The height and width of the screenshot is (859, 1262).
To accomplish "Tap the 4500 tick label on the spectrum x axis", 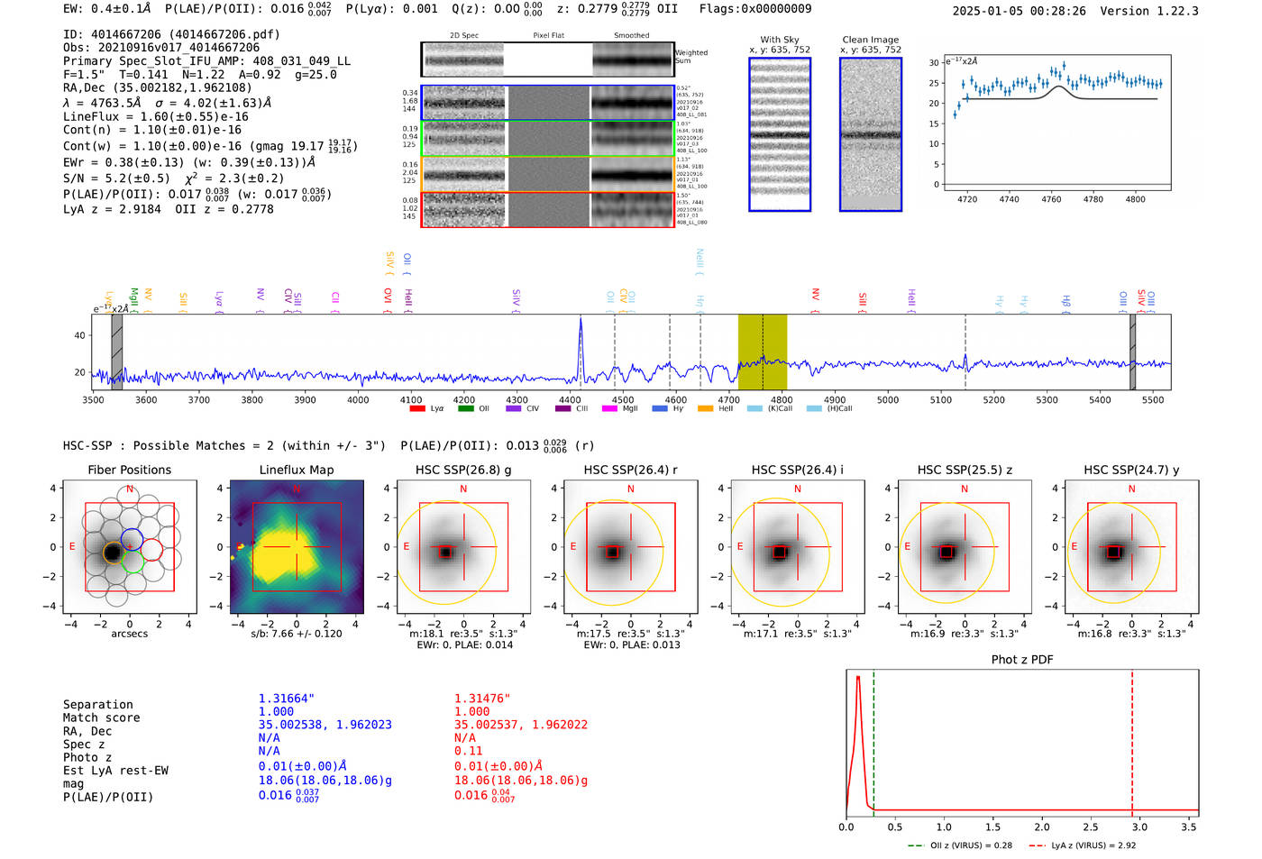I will point(623,400).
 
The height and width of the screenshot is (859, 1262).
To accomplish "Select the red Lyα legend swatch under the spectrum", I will point(417,409).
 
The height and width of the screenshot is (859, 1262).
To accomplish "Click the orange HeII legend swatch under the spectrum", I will point(705,409).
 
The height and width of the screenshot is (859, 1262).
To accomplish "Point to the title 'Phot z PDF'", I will point(1022,660).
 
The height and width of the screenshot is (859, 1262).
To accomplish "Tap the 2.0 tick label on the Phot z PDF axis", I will point(1042,827).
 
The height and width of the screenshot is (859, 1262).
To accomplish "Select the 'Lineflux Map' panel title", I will point(297,470).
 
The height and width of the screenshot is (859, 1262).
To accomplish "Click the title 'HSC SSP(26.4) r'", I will point(630,470).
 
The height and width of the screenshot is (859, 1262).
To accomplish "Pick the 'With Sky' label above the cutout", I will point(780,40).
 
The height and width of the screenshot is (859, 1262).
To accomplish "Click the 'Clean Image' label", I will point(871,40).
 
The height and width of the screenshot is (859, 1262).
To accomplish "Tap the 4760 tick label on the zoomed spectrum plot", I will point(1051,199).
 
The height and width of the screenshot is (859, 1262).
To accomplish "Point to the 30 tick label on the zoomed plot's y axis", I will point(935,62).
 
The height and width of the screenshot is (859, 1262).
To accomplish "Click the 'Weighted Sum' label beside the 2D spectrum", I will point(691,57).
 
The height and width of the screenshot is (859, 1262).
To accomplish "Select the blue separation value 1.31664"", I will point(287,699).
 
